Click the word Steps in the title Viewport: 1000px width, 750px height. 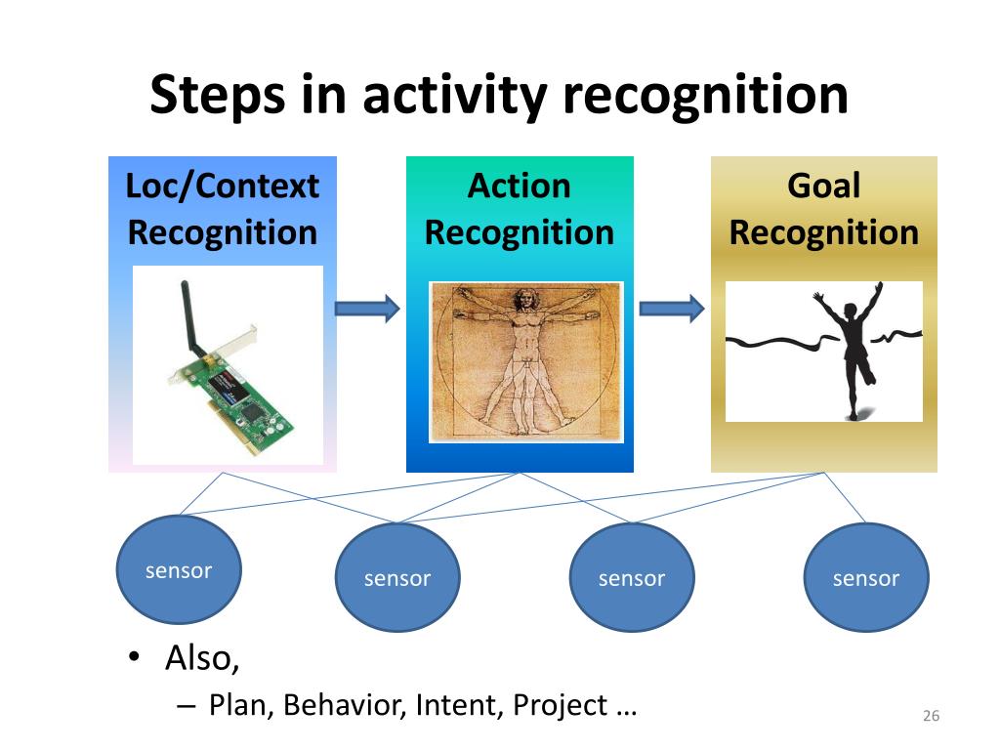(x=218, y=96)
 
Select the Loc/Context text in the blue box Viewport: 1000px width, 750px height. (x=223, y=187)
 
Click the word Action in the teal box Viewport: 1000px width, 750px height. (x=520, y=187)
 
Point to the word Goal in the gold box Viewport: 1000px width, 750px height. (x=824, y=187)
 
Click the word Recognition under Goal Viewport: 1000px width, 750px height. (x=824, y=233)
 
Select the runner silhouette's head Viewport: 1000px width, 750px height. (x=851, y=312)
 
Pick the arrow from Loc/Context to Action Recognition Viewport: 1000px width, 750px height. (x=367, y=309)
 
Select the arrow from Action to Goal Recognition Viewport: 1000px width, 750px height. (x=672, y=309)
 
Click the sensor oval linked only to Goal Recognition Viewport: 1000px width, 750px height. (x=866, y=577)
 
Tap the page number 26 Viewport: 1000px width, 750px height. (x=931, y=716)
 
